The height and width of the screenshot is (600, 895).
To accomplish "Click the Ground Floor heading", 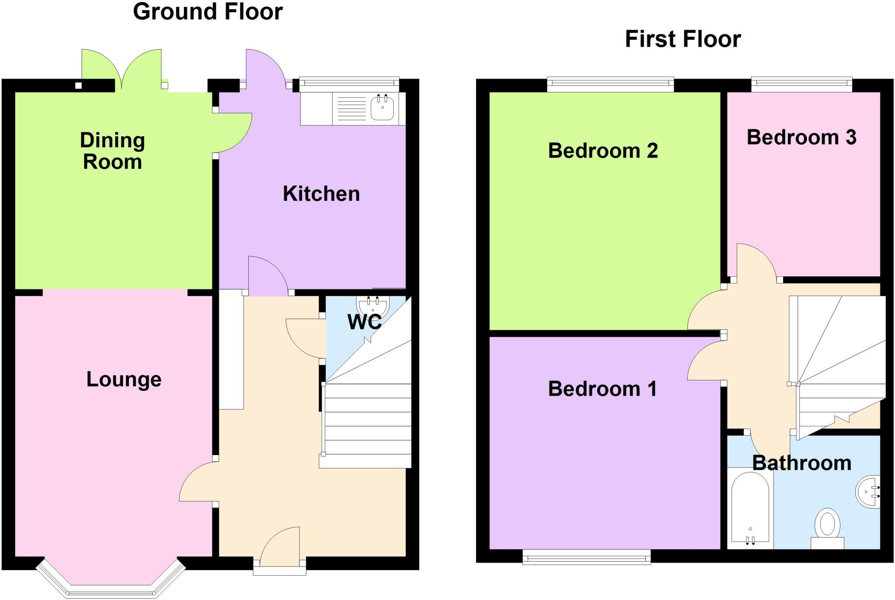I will pos(208,12).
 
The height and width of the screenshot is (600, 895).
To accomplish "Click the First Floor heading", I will pos(683,39).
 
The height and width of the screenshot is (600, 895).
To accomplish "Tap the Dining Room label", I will pos(112,151).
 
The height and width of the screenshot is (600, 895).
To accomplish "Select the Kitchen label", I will pos(321,194).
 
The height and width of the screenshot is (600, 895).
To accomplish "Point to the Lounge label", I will pos(124,379).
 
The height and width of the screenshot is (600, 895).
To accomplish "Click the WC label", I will pos(364,322).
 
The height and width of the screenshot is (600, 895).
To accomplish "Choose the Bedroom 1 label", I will pos(602,389).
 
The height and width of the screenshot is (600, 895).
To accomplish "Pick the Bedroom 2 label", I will pos(603,151).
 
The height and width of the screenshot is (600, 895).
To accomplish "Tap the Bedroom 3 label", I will pos(801,137).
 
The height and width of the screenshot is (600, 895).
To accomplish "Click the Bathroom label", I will pos(801,463).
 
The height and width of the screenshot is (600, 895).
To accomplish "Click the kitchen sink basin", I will pos(382,108).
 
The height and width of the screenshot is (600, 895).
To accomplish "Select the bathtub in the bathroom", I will pos(750,509).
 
